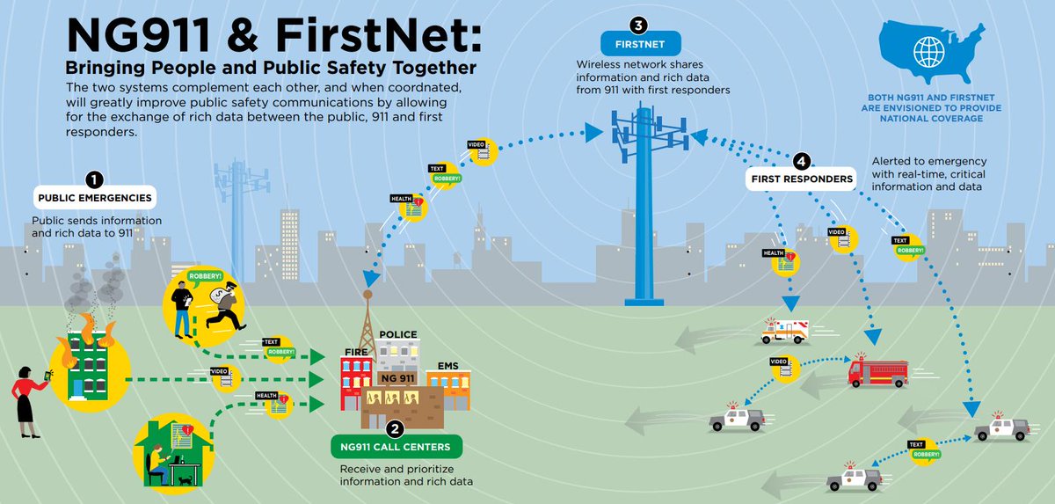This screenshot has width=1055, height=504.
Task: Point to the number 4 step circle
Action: [800, 162]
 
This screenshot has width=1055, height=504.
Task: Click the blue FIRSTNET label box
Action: [637, 42]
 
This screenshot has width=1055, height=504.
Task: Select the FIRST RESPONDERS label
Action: [800, 179]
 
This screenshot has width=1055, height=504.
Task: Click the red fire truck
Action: [877, 370]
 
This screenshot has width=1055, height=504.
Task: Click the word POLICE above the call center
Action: [397, 335]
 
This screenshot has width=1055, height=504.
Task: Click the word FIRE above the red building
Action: [355, 352]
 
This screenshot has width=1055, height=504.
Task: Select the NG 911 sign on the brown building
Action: [397, 377]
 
